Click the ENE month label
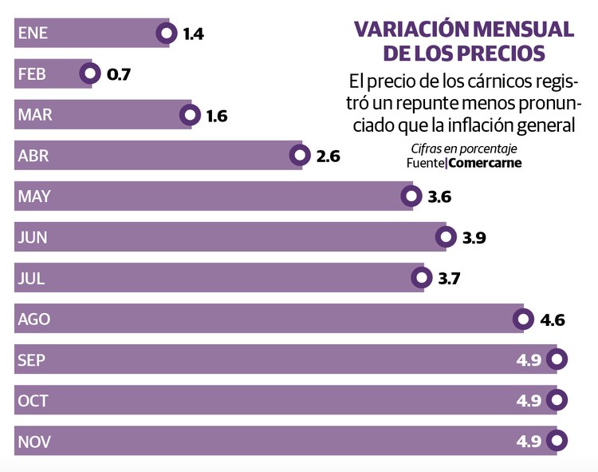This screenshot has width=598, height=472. point(33,34)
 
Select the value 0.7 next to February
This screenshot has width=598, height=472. point(118,75)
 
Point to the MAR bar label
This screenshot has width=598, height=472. point(35,115)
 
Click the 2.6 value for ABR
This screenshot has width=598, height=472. point(328,157)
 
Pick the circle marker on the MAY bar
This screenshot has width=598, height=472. point(411,196)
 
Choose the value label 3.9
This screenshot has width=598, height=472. point(474,238)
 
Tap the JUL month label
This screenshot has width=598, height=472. point(31,279)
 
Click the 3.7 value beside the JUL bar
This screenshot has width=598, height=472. point(450,279)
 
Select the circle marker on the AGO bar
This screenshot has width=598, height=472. point(522,319)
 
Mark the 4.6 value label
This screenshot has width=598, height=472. point(553,320)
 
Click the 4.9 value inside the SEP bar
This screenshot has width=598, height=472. point(529,360)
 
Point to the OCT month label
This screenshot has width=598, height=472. point(33,401)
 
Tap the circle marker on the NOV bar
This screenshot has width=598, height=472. point(557,441)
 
